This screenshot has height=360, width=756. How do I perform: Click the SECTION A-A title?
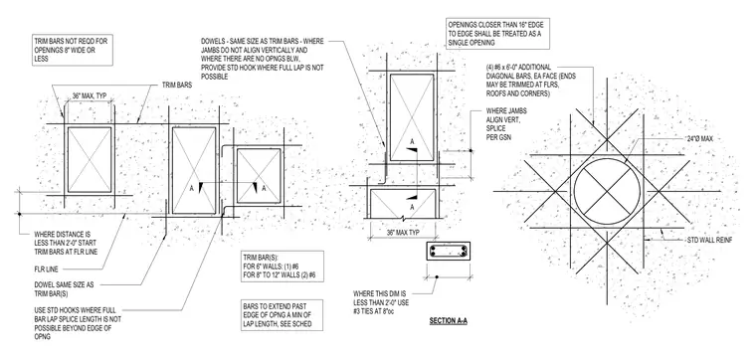point(449,321)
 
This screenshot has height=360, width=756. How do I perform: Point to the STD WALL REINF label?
point(709,240)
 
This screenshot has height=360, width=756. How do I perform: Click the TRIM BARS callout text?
point(178,85)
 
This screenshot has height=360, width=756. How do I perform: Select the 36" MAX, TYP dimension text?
point(90,95)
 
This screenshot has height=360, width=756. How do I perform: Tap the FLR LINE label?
point(47,270)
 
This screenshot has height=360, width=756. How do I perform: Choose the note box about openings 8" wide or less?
point(73,50)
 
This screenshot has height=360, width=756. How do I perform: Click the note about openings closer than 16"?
point(498,34)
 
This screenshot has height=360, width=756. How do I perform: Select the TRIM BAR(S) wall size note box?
point(283,267)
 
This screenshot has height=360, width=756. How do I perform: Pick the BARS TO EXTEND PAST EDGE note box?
point(283,315)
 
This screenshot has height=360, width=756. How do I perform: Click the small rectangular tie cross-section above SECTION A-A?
point(449,251)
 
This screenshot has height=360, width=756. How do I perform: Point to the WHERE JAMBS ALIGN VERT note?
point(506,124)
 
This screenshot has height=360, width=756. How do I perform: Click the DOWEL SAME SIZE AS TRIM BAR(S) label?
point(64,288)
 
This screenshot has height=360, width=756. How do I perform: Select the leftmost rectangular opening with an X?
point(90,159)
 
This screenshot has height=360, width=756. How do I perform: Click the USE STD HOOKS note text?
point(78,324)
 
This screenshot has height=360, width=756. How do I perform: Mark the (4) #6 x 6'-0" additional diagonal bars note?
point(531,81)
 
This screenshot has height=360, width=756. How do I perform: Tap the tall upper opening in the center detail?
point(412,117)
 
